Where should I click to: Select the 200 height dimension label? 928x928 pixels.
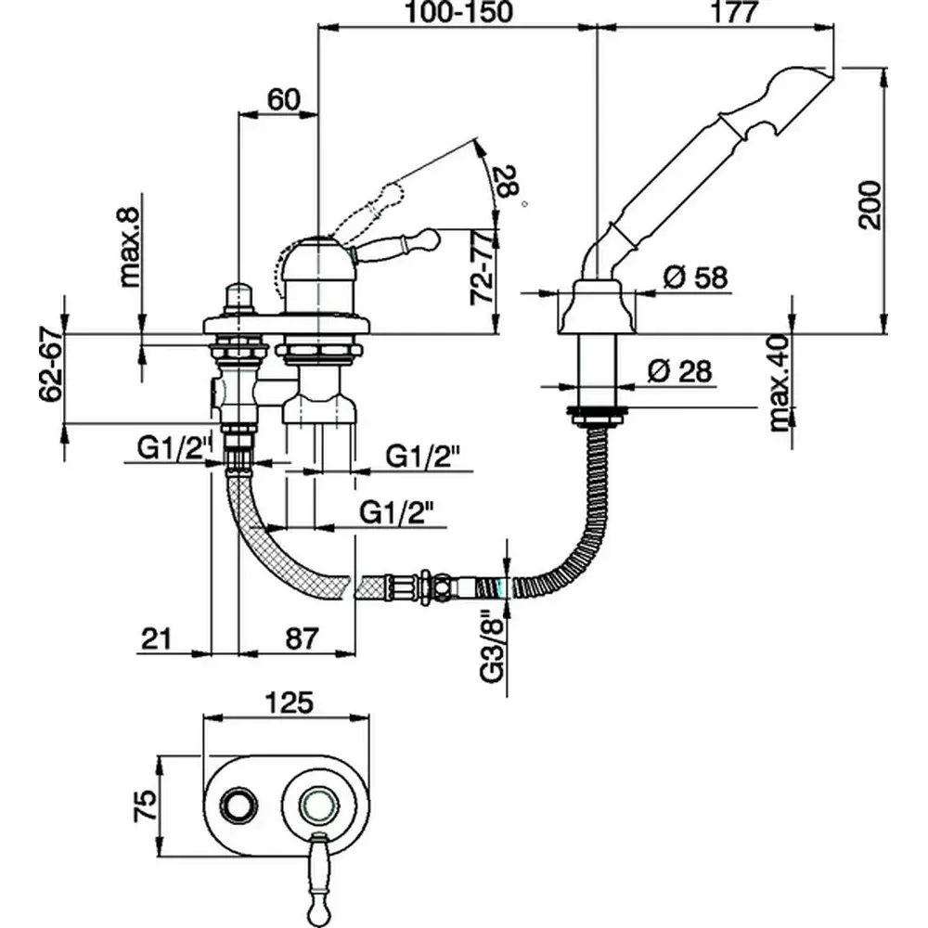pyautogui.click(x=869, y=202)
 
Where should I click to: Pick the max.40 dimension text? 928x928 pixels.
pyautogui.click(x=779, y=381)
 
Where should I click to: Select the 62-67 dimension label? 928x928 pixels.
pyautogui.click(x=52, y=360)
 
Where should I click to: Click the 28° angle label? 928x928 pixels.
pyautogui.click(x=509, y=183)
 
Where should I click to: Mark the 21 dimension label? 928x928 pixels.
pyautogui.click(x=158, y=638)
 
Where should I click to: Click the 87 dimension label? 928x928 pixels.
pyautogui.click(x=298, y=638)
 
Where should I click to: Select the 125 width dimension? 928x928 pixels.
pyautogui.click(x=290, y=702)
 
